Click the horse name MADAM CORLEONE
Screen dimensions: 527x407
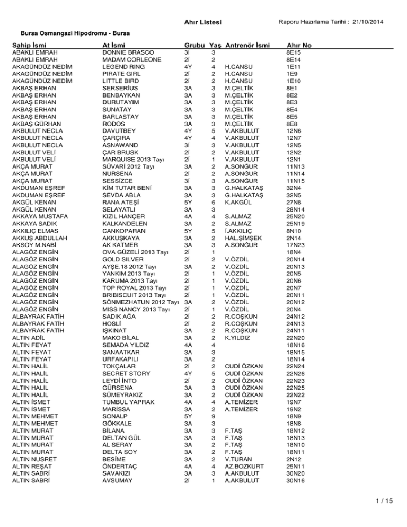click(x=133, y=60)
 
